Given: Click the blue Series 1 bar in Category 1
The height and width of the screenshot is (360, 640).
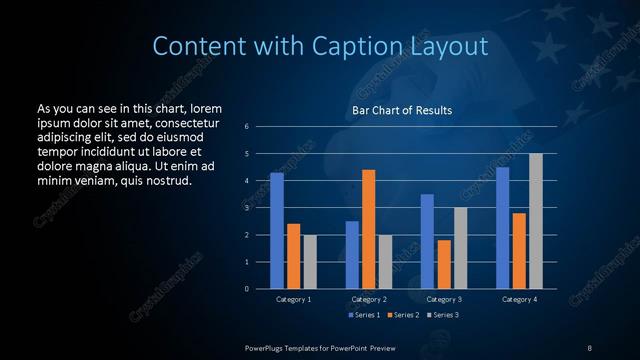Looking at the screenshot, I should point(277,231).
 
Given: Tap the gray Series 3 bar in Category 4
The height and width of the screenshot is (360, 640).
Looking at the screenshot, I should point(535,221).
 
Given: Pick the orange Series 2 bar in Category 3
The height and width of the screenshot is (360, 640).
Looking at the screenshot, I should point(444,264).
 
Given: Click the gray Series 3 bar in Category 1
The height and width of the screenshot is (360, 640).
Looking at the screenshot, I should point(310,262).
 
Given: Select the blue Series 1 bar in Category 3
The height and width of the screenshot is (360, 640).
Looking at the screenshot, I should point(427,241).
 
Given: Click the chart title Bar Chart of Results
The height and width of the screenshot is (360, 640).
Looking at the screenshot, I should point(402,110).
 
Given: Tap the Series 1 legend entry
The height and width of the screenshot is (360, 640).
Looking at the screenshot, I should point(363,315).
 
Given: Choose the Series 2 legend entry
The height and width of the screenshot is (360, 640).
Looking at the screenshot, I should point(402,315).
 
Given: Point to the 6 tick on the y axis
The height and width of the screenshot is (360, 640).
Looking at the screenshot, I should point(247,127).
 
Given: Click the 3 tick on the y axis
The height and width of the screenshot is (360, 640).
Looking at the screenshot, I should point(247,208).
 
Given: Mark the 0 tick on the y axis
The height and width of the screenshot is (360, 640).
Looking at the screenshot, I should point(247,289).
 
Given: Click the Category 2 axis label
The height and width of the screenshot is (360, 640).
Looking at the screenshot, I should point(369,299).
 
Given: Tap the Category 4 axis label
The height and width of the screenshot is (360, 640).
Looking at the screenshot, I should point(519,299).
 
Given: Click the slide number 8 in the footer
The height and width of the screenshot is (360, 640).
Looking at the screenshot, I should point(589,346).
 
